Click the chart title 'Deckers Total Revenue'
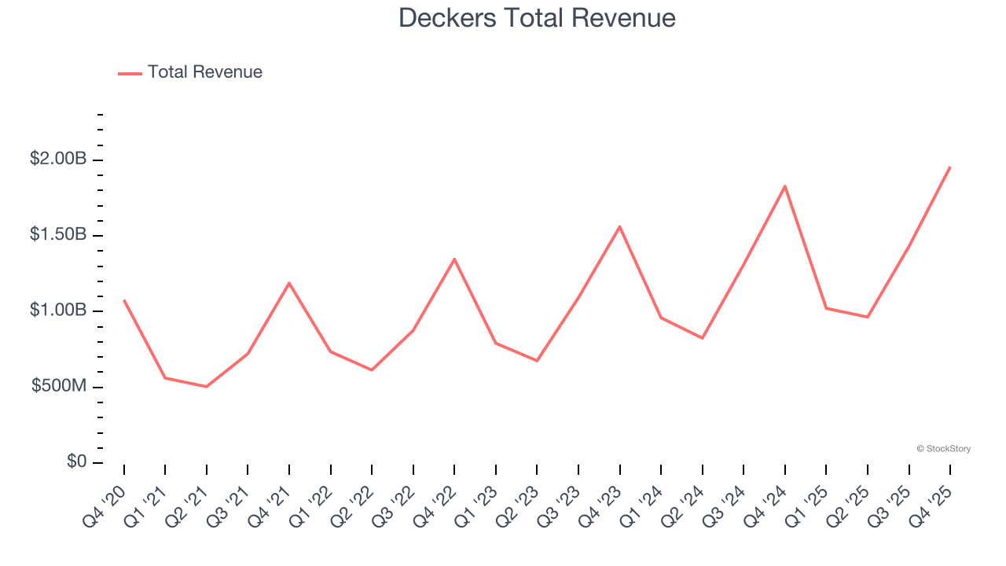537,17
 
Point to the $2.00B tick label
58,159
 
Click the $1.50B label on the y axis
58,234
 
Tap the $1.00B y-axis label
58,311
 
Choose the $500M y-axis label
59,386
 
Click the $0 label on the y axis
75,461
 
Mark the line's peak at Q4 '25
950,167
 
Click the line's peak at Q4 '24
785,186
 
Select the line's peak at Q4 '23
620,226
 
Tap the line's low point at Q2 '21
207,387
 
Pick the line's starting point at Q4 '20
124,300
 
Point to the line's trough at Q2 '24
703,338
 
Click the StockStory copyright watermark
943,449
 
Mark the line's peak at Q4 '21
289,283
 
